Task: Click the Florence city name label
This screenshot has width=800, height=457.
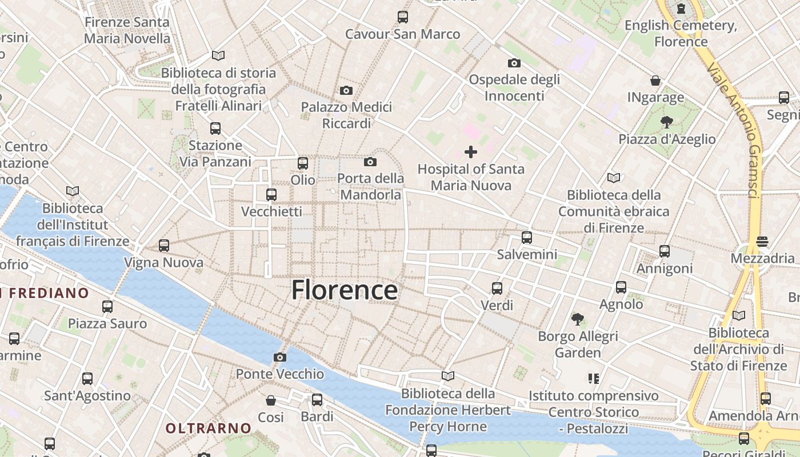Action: (x=345, y=290)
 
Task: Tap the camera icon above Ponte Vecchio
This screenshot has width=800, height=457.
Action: (x=279, y=358)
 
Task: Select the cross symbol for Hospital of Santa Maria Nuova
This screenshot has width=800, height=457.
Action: (x=471, y=152)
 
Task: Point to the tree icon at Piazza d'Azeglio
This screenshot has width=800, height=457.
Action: (x=666, y=121)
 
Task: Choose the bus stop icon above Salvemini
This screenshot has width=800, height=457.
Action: (x=527, y=238)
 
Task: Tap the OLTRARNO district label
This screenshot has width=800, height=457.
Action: (x=209, y=428)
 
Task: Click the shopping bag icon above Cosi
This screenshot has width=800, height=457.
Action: (x=271, y=400)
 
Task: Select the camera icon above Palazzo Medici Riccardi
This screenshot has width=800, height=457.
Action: (x=346, y=90)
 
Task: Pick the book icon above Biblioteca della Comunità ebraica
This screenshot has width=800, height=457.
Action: (x=614, y=178)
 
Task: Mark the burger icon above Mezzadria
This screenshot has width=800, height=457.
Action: (x=762, y=242)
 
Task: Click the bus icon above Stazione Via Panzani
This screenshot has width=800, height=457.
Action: (x=215, y=129)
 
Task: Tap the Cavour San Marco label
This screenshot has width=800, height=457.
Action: (x=402, y=34)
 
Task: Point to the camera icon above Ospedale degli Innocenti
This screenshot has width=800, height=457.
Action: (x=514, y=63)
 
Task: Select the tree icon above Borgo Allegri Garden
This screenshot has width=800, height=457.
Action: (x=578, y=319)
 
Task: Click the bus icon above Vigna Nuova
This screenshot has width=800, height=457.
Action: (x=164, y=246)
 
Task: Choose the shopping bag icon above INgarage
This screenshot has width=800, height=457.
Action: (x=655, y=81)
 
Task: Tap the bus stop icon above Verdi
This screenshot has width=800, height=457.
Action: (x=497, y=288)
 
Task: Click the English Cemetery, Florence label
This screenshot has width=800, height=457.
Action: (x=681, y=33)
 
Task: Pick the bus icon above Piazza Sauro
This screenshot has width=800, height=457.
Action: (x=107, y=307)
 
